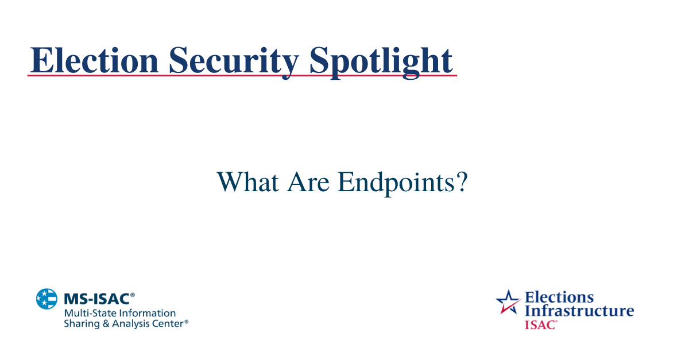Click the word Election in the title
click(x=93, y=60)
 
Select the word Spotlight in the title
click(x=381, y=60)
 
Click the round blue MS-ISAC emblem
click(x=47, y=299)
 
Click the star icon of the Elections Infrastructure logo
click(x=508, y=301)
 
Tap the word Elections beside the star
click(x=559, y=297)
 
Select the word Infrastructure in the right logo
click(x=579, y=311)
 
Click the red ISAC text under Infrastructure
click(x=540, y=324)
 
